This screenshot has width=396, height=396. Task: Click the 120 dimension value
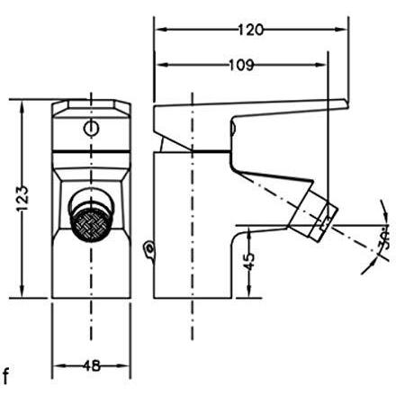point(251,30)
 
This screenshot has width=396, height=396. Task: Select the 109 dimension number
point(241,65)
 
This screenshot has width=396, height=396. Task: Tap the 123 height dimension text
point(23,199)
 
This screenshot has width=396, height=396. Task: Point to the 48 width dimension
point(92,365)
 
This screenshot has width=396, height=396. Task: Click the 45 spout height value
point(248,261)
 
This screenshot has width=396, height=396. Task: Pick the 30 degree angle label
point(384,239)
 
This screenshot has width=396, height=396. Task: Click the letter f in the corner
point(5,376)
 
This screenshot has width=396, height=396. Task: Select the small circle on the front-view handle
point(91,129)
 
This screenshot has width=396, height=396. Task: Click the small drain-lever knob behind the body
point(149,249)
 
